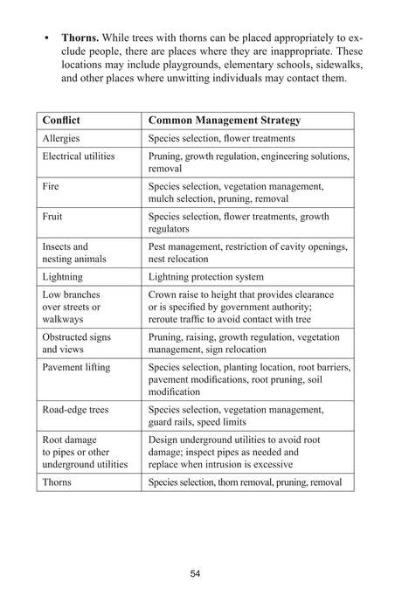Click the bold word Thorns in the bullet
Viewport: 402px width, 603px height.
(80, 39)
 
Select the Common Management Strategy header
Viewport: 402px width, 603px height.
(225, 120)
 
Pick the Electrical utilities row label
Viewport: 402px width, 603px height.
(81, 156)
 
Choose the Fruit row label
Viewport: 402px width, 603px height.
(52, 216)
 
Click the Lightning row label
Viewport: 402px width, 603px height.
(63, 276)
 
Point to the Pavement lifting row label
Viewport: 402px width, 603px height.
(76, 367)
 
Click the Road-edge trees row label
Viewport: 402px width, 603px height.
(76, 409)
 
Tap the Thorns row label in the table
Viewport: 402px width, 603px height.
(57, 482)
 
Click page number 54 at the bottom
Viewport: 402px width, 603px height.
(196, 573)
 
